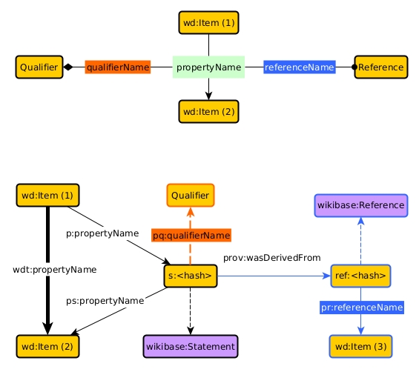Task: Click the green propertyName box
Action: pyautogui.click(x=208, y=67)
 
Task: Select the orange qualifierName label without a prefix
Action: pyautogui.click(x=118, y=67)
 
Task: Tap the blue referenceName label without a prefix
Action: pyautogui.click(x=300, y=67)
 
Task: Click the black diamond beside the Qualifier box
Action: pyautogui.click(x=68, y=67)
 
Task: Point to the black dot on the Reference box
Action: pyautogui.click(x=354, y=67)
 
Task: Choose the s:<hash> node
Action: pyautogui.click(x=191, y=276)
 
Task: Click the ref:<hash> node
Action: pyautogui.click(x=360, y=276)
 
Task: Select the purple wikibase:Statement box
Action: pyautogui.click(x=191, y=346)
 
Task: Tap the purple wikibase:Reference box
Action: pyautogui.click(x=360, y=205)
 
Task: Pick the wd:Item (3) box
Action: pyautogui.click(x=360, y=346)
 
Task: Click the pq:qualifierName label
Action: pyautogui.click(x=191, y=235)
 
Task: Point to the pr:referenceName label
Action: pyautogui.click(x=362, y=307)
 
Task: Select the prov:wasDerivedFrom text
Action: pyautogui.click(x=271, y=258)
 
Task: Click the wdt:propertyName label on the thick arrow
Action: pyautogui.click(x=55, y=270)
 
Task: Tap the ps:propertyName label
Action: pyautogui.click(x=105, y=301)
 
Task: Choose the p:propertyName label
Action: pyautogui.click(x=102, y=233)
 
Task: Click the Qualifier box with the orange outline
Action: pyautogui.click(x=191, y=195)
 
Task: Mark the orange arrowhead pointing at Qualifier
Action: pyautogui.click(x=191, y=212)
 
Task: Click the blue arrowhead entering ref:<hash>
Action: pyautogui.click(x=327, y=276)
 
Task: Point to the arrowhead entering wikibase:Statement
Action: pyautogui.click(x=191, y=330)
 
